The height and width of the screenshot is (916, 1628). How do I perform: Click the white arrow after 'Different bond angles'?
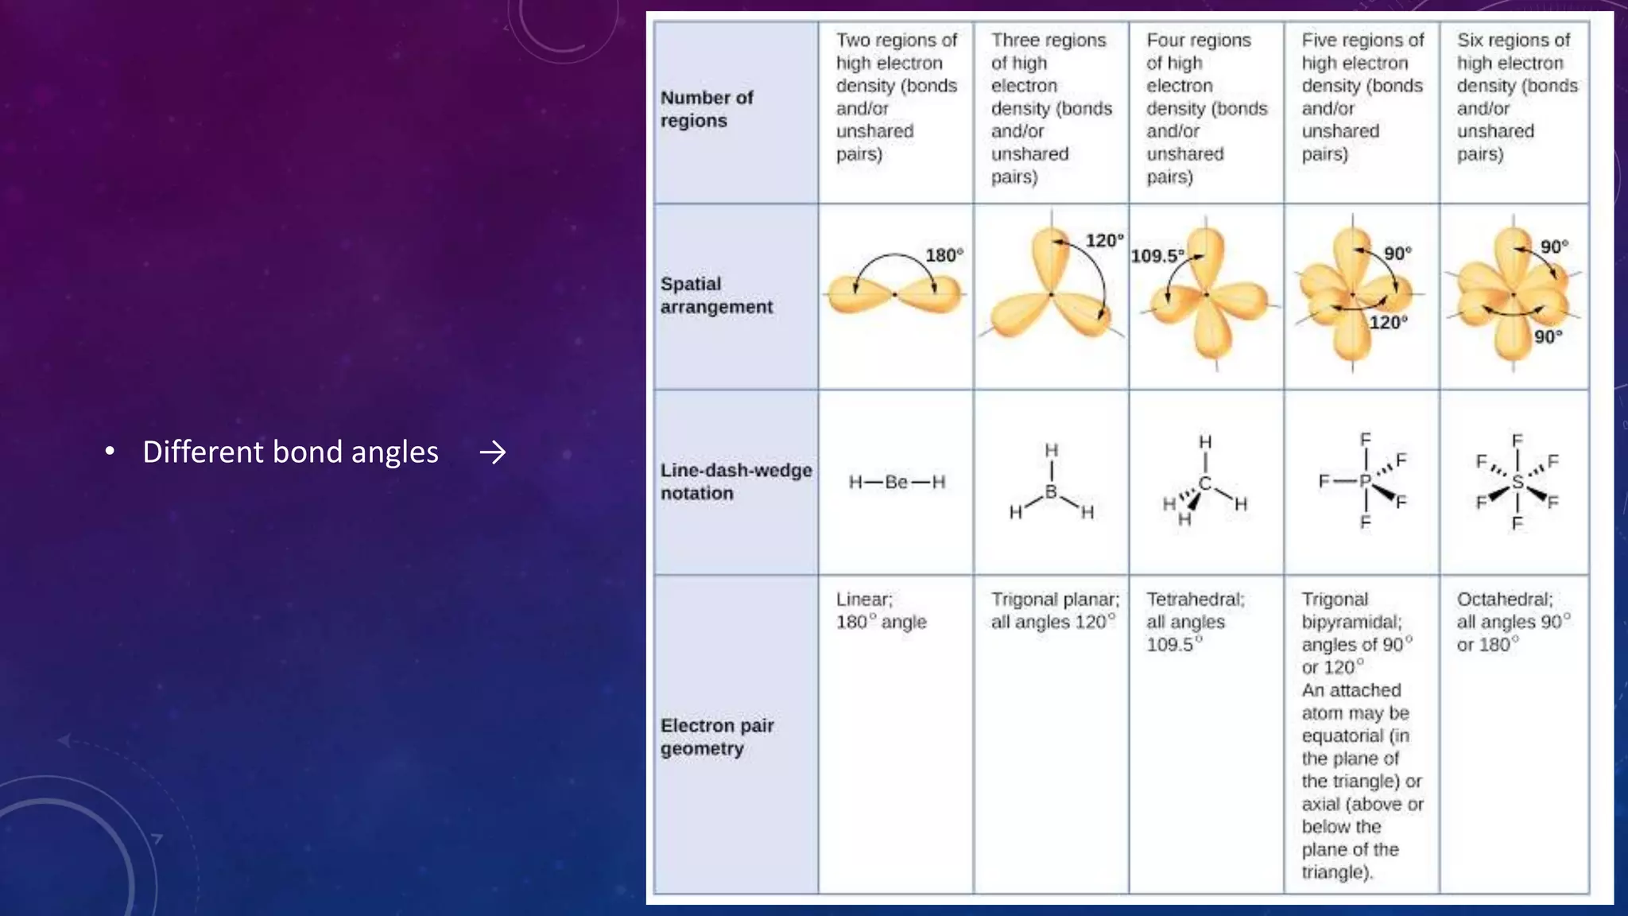click(x=493, y=452)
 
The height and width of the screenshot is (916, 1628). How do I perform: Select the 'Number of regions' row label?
click(x=706, y=109)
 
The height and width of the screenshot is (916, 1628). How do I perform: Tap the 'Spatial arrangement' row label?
click(x=715, y=295)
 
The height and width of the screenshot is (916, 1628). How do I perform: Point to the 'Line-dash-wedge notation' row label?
click(x=735, y=481)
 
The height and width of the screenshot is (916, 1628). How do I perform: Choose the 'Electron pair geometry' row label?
click(x=716, y=736)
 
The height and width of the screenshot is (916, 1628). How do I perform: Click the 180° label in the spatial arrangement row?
click(x=944, y=255)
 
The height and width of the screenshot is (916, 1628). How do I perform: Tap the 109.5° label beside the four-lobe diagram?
click(x=1157, y=256)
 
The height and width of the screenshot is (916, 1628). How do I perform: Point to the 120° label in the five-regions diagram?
click(x=1388, y=323)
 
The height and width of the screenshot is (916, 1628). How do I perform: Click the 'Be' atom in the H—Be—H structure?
click(x=896, y=482)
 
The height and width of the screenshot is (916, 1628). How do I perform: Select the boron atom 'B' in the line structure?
click(x=1051, y=492)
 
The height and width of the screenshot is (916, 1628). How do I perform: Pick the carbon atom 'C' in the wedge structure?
click(x=1205, y=483)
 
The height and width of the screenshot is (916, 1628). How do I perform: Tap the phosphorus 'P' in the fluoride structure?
click(x=1365, y=481)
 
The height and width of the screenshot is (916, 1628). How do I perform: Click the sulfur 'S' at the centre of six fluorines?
click(x=1517, y=482)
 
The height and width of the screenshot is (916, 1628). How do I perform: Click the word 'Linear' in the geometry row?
click(x=863, y=600)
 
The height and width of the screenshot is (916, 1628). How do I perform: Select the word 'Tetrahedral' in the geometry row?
click(x=1194, y=600)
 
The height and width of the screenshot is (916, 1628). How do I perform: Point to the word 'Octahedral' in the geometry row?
click(x=1504, y=600)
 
